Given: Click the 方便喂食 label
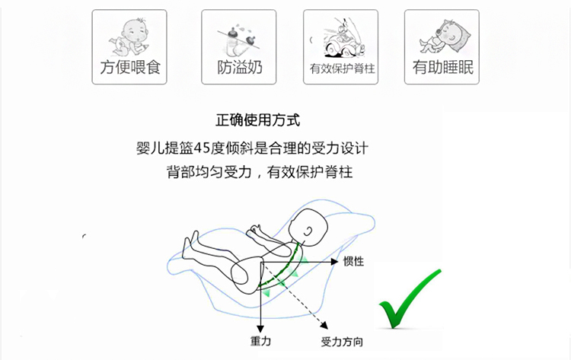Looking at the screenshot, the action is [x=129, y=68].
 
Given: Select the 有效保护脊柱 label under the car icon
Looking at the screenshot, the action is [x=342, y=69].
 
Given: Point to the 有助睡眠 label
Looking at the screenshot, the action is [x=443, y=68].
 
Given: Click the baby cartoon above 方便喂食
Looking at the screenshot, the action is [x=129, y=33].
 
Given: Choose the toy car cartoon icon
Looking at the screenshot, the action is [x=341, y=35].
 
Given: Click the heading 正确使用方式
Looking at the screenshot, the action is [x=258, y=120].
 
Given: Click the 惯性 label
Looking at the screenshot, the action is [x=353, y=261].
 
